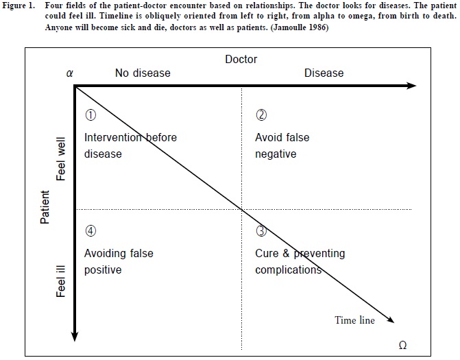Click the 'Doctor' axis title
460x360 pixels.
(x=241, y=60)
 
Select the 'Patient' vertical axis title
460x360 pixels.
(x=45, y=207)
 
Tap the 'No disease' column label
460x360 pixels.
(x=143, y=73)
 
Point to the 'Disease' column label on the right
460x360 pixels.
(x=324, y=73)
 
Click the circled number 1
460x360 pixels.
(x=89, y=115)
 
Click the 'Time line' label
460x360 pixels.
(x=354, y=320)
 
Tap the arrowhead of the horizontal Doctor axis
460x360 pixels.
(x=411, y=86)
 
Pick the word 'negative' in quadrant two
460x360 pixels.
(x=276, y=154)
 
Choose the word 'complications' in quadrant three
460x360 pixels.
(x=288, y=269)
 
